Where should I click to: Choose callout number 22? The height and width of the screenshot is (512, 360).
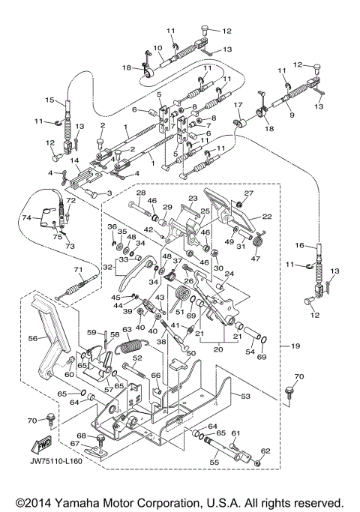click(x=266, y=217)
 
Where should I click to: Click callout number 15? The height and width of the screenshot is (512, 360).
click(x=49, y=100)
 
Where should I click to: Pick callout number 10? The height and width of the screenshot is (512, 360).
click(x=157, y=48)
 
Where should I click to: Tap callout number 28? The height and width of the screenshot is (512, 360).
click(x=140, y=193)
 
